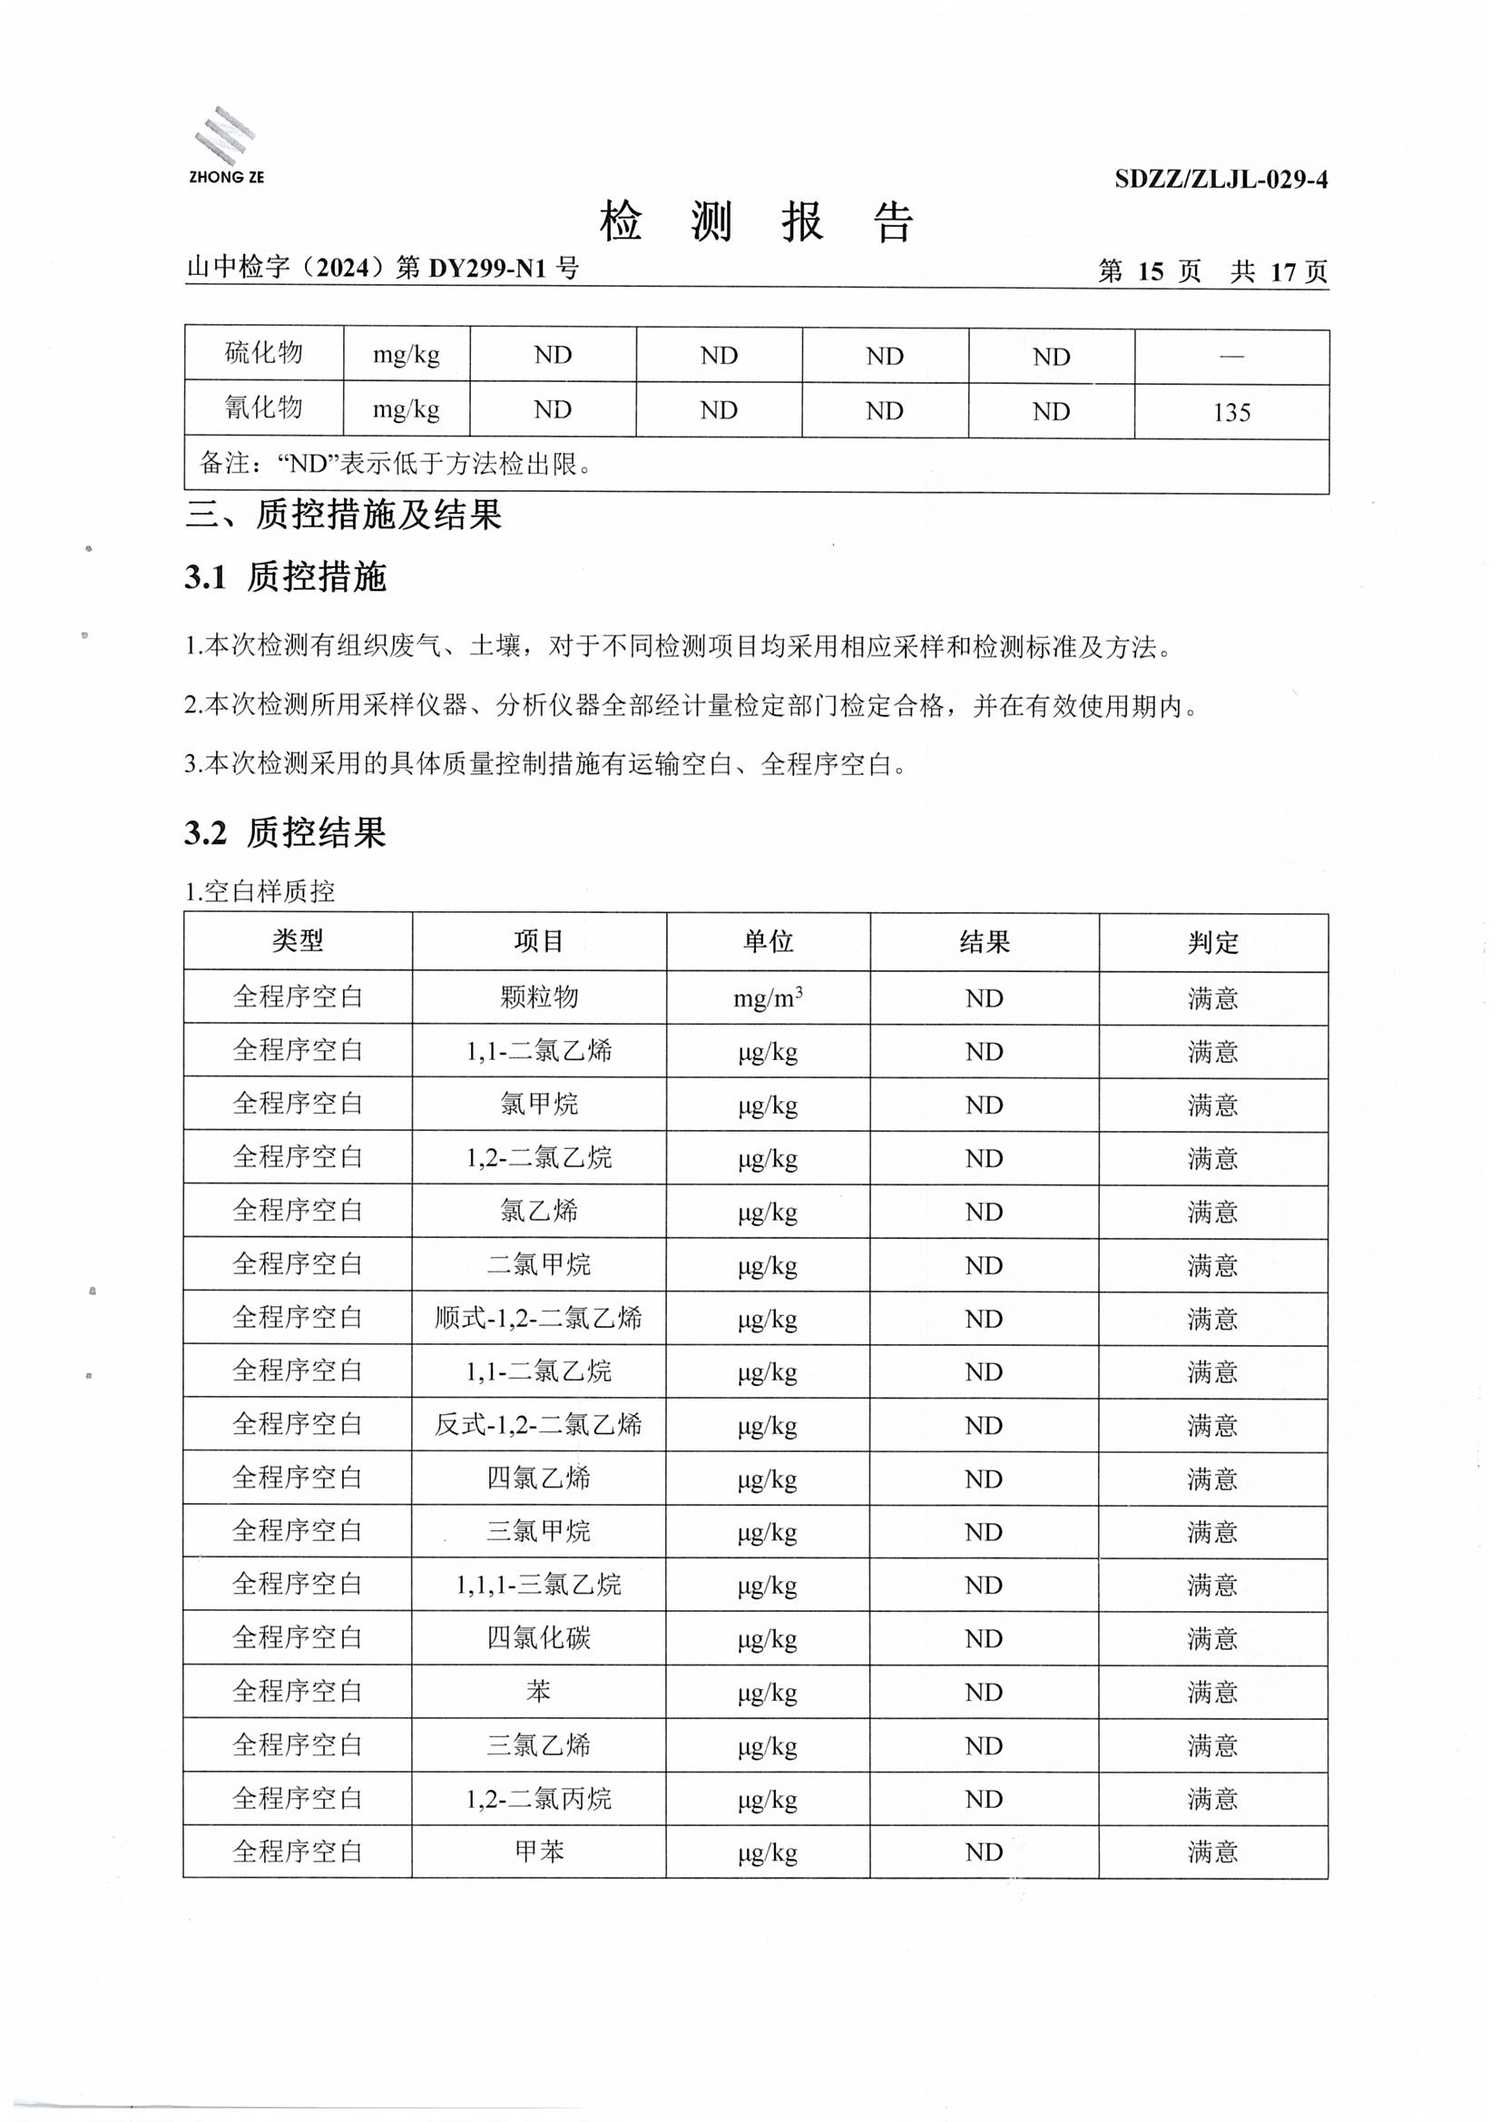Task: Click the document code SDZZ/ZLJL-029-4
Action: coord(1220,180)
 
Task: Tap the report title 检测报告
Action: coord(756,222)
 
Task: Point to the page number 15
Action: coord(1150,271)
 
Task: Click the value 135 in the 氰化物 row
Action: coord(1231,412)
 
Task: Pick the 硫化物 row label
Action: coord(263,353)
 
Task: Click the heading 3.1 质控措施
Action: coord(285,576)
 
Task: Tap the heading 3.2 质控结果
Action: coord(285,832)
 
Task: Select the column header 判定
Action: coord(1212,943)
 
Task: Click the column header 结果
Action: coord(985,943)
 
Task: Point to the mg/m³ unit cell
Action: coord(767,998)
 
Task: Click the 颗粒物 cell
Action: coord(539,997)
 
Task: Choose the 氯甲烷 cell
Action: coord(539,1105)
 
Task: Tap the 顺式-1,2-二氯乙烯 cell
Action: coord(539,1318)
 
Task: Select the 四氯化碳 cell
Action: coord(539,1638)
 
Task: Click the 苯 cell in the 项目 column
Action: coord(539,1691)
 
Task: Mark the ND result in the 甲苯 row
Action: coord(985,1852)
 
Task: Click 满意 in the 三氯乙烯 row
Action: coord(1212,1746)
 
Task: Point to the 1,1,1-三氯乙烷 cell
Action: coord(539,1585)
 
